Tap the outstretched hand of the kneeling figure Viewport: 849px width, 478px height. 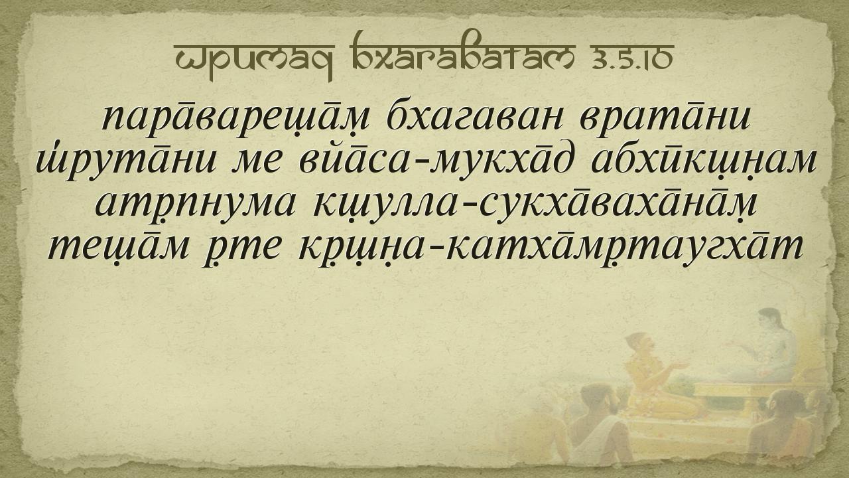680,366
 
